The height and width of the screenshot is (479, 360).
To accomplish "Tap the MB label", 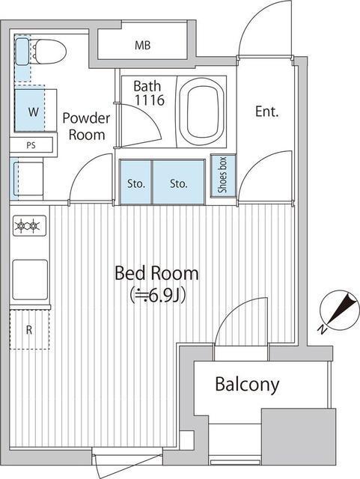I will pyautogui.click(x=143, y=46).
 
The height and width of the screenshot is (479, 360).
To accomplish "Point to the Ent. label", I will pyautogui.click(x=266, y=112).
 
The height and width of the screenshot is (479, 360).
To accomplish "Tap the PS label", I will pyautogui.click(x=30, y=145).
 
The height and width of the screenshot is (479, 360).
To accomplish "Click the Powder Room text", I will pyautogui.click(x=86, y=126).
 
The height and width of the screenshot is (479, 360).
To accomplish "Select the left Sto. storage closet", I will pyautogui.click(x=135, y=182).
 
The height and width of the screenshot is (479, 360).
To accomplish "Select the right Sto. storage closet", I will pyautogui.click(x=178, y=182).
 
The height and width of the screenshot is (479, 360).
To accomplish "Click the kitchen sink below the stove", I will pyautogui.click(x=30, y=278).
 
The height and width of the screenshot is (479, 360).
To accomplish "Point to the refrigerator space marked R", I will pyautogui.click(x=29, y=329).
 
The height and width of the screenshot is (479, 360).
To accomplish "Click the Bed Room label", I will pyautogui.click(x=157, y=272).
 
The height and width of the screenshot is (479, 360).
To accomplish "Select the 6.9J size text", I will pyautogui.click(x=157, y=295).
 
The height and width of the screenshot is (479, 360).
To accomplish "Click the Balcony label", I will pyautogui.click(x=247, y=385).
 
